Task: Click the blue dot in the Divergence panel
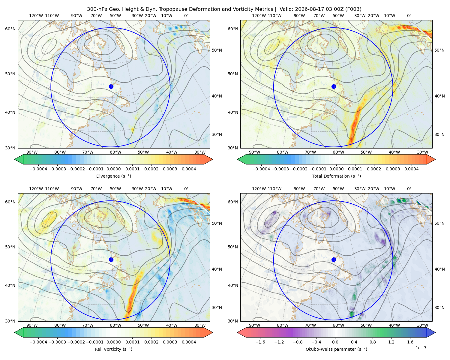tap(111, 86)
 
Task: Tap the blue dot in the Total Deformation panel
tap(334, 86)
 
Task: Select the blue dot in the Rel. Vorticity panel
tap(111, 259)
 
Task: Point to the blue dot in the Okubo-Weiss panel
tap(334, 259)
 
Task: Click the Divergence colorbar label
tap(113, 176)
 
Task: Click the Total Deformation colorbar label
tap(336, 176)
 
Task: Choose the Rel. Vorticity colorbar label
tap(113, 349)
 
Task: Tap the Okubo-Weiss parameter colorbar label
tap(336, 349)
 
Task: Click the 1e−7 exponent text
tap(421, 348)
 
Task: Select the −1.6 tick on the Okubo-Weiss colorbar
tap(260, 342)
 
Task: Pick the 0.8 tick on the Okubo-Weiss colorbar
tap(373, 342)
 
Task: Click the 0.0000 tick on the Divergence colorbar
tap(113, 169)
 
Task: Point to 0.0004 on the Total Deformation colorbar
tap(411, 169)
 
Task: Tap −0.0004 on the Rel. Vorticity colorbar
tap(38, 342)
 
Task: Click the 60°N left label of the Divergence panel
tap(10, 29)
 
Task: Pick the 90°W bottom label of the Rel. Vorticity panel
tap(32, 325)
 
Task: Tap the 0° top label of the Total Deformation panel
tap(409, 16)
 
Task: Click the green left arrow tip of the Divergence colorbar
tap(15, 159)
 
